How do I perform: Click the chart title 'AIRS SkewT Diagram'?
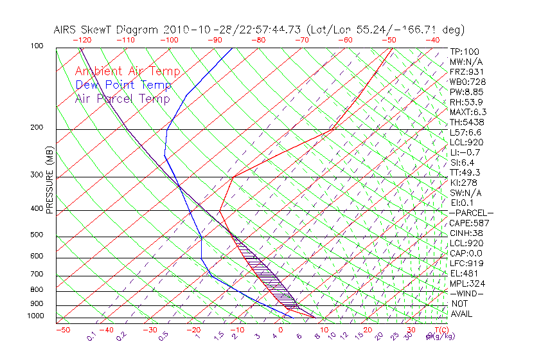tap(106, 30)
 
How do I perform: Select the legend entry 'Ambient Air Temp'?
tap(128, 71)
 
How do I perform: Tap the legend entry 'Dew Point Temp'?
tap(123, 85)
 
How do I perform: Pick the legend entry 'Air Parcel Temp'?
tap(123, 98)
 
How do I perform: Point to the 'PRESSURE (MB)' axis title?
tap(49, 180)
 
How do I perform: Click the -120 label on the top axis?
tap(82, 40)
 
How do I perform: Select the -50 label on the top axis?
tap(389, 40)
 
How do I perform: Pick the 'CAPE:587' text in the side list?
tap(470, 223)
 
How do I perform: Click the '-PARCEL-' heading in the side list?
tap(471, 213)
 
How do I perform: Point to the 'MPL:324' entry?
tap(467, 283)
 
